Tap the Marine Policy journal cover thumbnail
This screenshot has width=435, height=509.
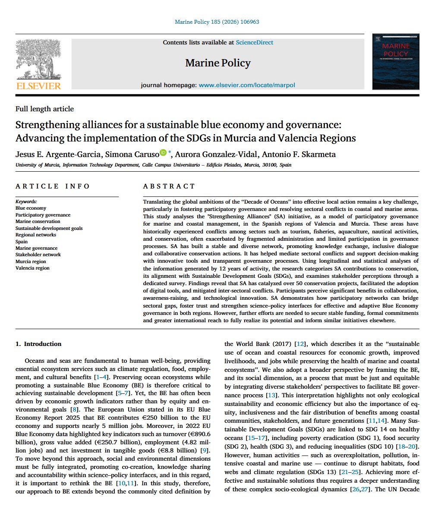click(396, 61)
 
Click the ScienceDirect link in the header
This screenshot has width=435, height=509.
click(254, 42)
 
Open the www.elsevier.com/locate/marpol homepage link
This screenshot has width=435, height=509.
click(247, 85)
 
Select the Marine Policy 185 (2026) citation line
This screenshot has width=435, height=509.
click(217, 22)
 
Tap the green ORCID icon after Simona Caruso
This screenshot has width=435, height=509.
click(163, 152)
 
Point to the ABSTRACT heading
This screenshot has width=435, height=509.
click(169, 186)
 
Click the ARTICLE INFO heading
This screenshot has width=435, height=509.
click(53, 186)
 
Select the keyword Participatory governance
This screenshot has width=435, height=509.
click(43, 215)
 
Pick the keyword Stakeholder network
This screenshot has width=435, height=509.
click(38, 255)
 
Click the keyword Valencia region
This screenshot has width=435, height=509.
click(32, 268)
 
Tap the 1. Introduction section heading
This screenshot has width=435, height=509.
click(38, 344)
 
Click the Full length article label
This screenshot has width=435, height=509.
click(44, 109)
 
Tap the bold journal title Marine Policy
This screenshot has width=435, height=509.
click(217, 63)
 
